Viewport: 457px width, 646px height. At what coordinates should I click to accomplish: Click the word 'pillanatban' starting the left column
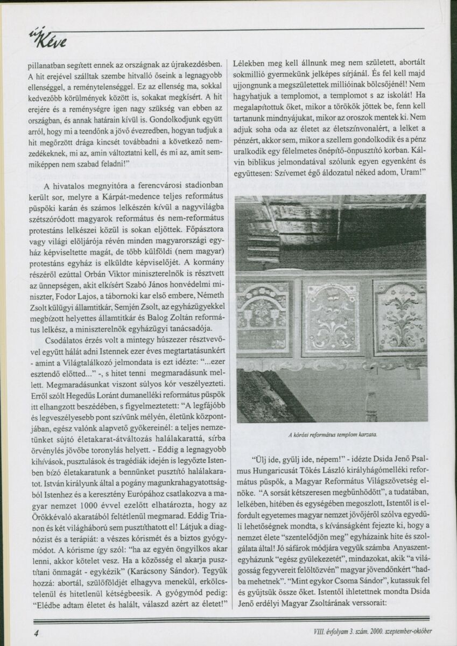(48, 66)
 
